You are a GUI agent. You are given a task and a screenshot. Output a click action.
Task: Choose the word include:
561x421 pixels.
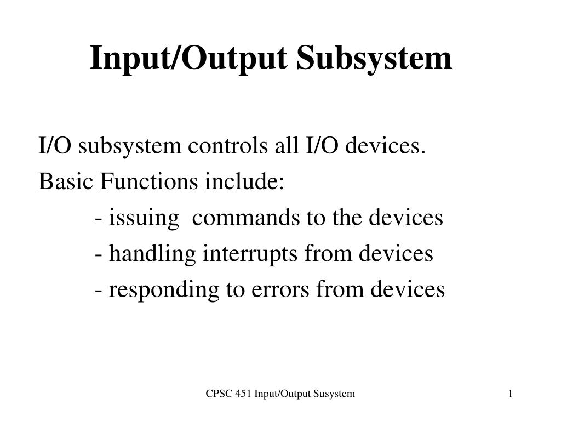244,182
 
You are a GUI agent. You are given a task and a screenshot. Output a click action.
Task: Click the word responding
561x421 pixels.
163,289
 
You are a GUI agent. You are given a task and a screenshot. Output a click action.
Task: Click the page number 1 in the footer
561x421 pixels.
510,394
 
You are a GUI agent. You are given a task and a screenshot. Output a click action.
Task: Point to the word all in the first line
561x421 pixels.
283,147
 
